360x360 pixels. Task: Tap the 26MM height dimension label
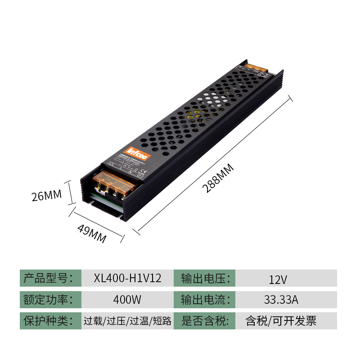pyautogui.click(x=46, y=196)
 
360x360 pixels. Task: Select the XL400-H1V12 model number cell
pyautogui.click(x=127, y=278)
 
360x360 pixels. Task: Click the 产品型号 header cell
pyautogui.click(x=50, y=278)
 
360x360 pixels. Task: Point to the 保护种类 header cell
pyautogui.click(x=50, y=320)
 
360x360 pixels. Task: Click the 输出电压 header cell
pyautogui.click(x=205, y=278)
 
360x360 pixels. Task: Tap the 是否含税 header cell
pyautogui.click(x=205, y=320)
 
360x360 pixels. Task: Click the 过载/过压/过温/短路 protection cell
pyautogui.click(x=127, y=321)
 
